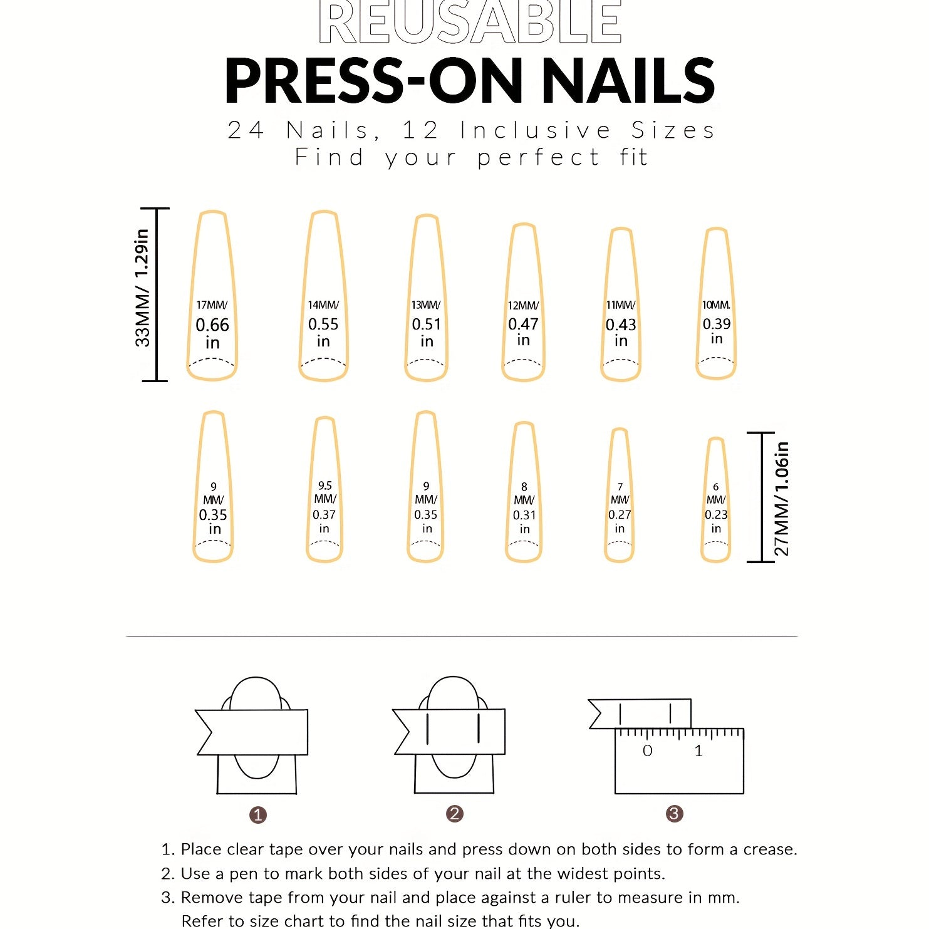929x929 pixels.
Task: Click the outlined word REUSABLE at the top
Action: [x=470, y=22]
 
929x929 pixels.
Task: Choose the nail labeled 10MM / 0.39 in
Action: [x=716, y=303]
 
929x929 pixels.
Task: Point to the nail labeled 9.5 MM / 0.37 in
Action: [x=324, y=489]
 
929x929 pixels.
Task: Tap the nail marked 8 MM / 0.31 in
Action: [x=524, y=492]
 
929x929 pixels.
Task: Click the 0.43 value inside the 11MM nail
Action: [x=620, y=325]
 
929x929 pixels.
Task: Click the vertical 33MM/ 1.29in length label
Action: [x=143, y=288]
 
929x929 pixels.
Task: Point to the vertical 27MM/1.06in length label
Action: [x=782, y=499]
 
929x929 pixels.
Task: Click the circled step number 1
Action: [x=258, y=815]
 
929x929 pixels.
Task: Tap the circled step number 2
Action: [x=455, y=814]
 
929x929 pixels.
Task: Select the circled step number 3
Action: [x=674, y=814]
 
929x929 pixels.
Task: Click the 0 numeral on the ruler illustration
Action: [x=648, y=750]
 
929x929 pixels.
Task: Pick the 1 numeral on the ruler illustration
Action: [x=698, y=750]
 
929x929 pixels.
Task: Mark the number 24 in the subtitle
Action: [x=246, y=130]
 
